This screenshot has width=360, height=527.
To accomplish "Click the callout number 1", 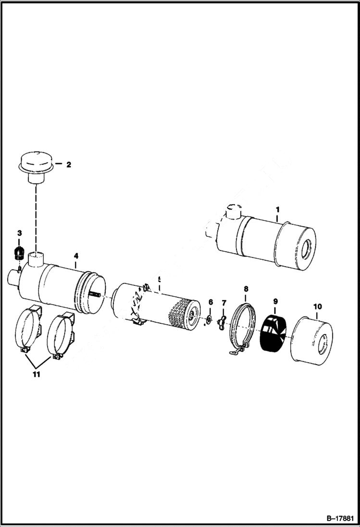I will click(x=277, y=209).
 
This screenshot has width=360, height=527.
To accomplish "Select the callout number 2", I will click(x=68, y=164).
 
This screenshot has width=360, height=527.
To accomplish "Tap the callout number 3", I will click(x=19, y=233).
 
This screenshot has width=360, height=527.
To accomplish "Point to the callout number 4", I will click(x=75, y=256).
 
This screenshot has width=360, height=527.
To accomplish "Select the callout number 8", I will click(x=246, y=289).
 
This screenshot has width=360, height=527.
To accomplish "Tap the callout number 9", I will click(x=275, y=302).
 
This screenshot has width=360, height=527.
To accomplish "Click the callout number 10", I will click(x=318, y=306).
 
